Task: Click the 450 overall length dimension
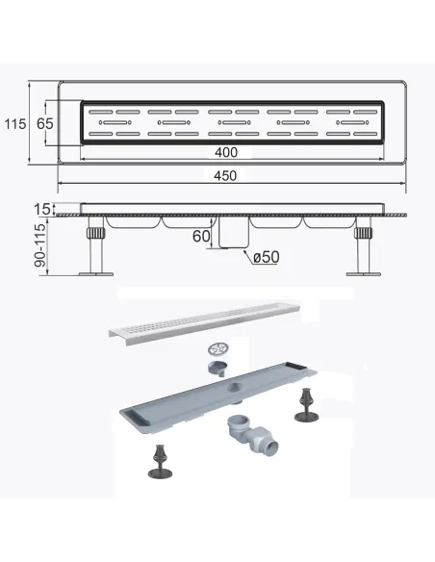[x=225, y=176]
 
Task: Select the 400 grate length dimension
[x=226, y=152]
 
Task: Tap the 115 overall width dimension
[x=15, y=124]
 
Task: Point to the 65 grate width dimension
[x=45, y=123]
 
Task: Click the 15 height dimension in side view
[x=42, y=209]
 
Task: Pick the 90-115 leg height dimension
[x=40, y=245]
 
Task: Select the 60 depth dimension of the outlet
[x=201, y=236]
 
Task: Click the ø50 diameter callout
[x=266, y=257]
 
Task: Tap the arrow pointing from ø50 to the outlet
[x=247, y=257]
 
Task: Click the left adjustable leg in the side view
[x=95, y=245]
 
